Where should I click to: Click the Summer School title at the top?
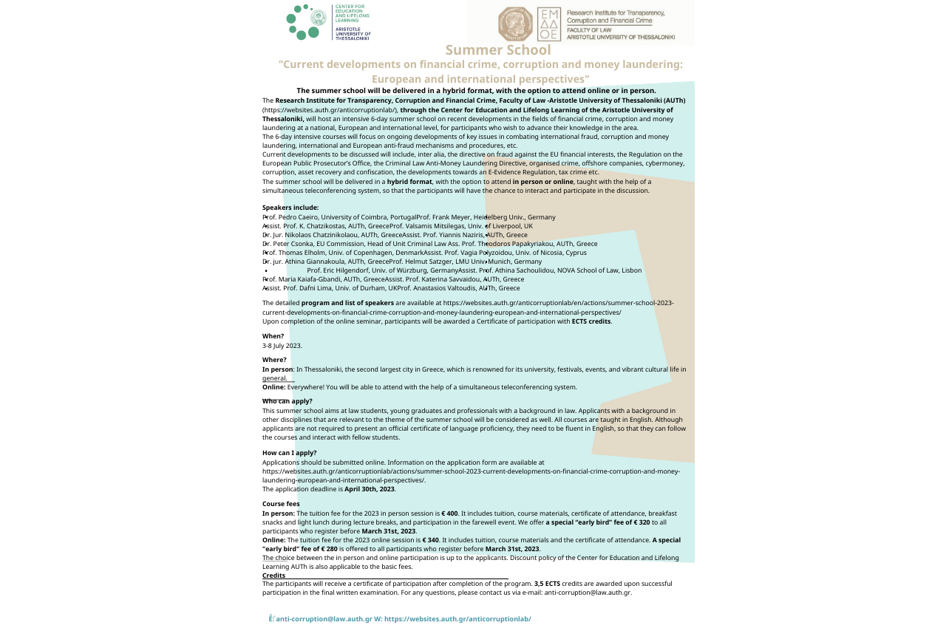pos(498,50)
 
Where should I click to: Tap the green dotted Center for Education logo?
pos(303,22)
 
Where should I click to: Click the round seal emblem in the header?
pos(515,24)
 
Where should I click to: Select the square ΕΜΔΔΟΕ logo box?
pos(549,24)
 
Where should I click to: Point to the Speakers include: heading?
pos(290,208)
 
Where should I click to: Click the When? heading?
pos(273,336)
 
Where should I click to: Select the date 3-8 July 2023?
pos(282,345)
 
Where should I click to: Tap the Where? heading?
pos(274,360)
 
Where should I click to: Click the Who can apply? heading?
pos(287,401)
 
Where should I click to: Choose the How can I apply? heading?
pos(290,453)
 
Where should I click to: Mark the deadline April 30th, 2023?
pos(370,489)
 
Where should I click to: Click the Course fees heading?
pos(281,504)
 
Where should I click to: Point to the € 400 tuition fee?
pos(449,513)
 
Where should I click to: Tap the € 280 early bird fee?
pos(327,549)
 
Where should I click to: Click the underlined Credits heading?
pos(273,576)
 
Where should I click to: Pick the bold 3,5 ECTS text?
pos(547,584)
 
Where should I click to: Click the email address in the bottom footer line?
pos(324,619)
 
